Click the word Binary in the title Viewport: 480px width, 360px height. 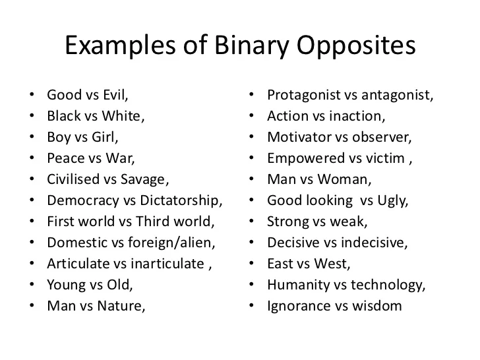click(252, 46)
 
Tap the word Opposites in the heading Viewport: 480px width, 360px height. click(356, 46)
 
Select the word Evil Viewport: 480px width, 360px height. click(115, 95)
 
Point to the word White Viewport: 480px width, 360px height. click(123, 116)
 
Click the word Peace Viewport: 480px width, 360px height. click(65, 158)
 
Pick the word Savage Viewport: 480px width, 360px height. click(144, 180)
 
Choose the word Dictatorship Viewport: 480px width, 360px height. click(181, 201)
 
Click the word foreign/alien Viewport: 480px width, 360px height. click(171, 243)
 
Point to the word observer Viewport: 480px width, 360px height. click(381, 137)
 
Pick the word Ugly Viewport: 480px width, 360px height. click(392, 201)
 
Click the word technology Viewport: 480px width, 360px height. click(388, 285)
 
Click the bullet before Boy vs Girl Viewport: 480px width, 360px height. click(32, 136)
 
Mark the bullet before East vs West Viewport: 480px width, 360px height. click(252, 263)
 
